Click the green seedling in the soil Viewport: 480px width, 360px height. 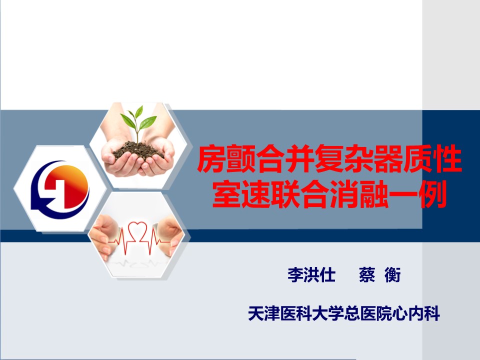coord(138,122)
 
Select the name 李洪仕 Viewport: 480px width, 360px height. coord(311,274)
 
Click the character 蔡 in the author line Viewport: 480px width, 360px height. coord(367,274)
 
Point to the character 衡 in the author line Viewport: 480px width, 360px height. coord(393,274)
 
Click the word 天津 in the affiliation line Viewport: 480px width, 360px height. coord(264,313)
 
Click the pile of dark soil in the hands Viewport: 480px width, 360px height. coord(138,149)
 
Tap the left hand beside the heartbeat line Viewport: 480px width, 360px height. coord(104,232)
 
